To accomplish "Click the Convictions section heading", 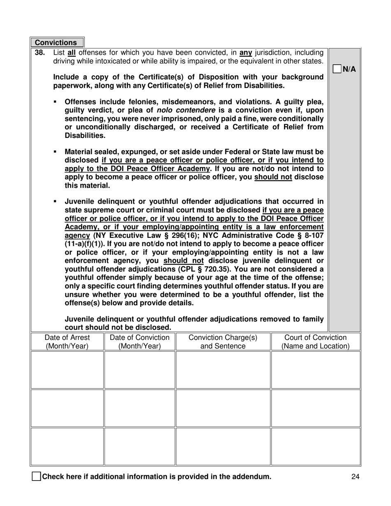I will click(56, 43).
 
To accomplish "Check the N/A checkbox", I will click(337, 69).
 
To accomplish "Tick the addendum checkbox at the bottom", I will click(36, 477).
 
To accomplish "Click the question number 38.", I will click(40, 53).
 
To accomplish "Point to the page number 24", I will click(356, 477).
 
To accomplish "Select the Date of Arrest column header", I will click(67, 342).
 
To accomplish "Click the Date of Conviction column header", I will click(140, 342).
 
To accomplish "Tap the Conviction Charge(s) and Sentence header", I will click(223, 342).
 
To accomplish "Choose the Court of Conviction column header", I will click(315, 342).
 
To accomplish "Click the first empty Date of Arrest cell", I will click(67, 370).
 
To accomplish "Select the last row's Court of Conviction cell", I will click(315, 446).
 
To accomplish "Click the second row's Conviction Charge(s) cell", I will click(223, 408).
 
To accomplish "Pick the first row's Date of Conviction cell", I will click(140, 370).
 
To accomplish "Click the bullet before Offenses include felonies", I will click(55, 102).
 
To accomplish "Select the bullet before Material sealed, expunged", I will click(55, 152).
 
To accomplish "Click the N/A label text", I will click(349, 69).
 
